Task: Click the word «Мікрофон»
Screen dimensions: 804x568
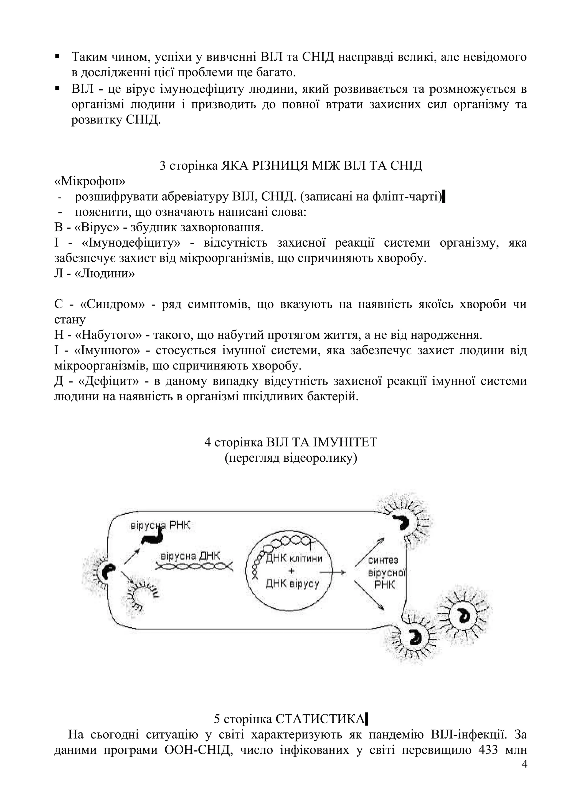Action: click(90, 181)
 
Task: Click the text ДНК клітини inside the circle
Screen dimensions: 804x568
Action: click(294, 558)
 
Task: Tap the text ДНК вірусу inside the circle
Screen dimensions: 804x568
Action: click(292, 584)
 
